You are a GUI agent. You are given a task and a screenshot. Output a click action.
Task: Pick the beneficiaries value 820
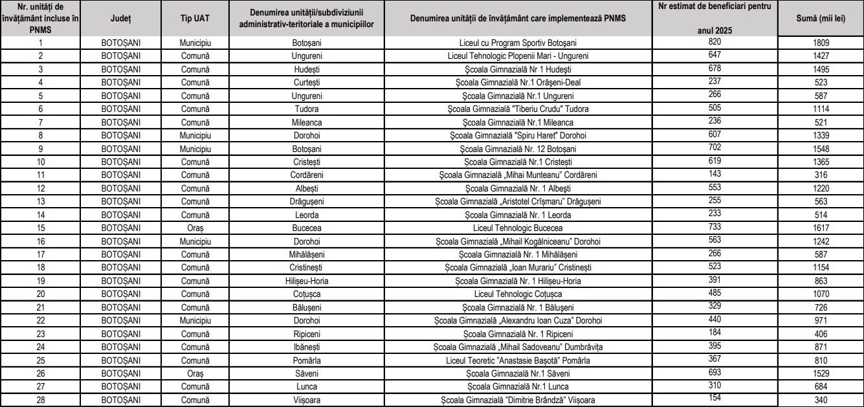[714, 41]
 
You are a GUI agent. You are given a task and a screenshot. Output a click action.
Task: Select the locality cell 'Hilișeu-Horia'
[307, 281]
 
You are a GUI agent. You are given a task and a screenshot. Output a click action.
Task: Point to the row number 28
[41, 400]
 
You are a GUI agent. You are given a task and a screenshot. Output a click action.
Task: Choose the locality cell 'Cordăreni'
[307, 175]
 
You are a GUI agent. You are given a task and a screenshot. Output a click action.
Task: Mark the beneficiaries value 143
[714, 173]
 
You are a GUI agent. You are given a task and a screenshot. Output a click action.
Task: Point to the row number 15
[41, 228]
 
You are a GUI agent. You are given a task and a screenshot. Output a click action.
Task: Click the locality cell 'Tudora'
[307, 109]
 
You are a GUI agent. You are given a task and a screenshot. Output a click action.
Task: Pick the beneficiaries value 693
[714, 371]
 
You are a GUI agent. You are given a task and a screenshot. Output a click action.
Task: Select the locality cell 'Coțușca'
[307, 294]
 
